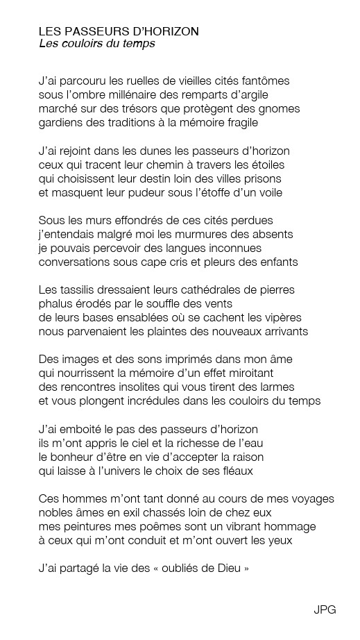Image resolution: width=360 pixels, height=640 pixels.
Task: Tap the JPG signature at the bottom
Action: coord(325,609)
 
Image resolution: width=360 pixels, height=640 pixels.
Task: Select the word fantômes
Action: coord(265,81)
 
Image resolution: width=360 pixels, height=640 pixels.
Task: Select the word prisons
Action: coord(261,178)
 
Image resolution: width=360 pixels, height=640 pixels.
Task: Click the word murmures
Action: coord(200,234)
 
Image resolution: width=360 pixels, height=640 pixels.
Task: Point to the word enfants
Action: coord(277,262)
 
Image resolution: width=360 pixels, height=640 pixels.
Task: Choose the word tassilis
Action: coord(80,289)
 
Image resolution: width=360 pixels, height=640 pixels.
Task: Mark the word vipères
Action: coord(281,317)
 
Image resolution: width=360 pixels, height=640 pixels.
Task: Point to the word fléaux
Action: coord(234,471)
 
